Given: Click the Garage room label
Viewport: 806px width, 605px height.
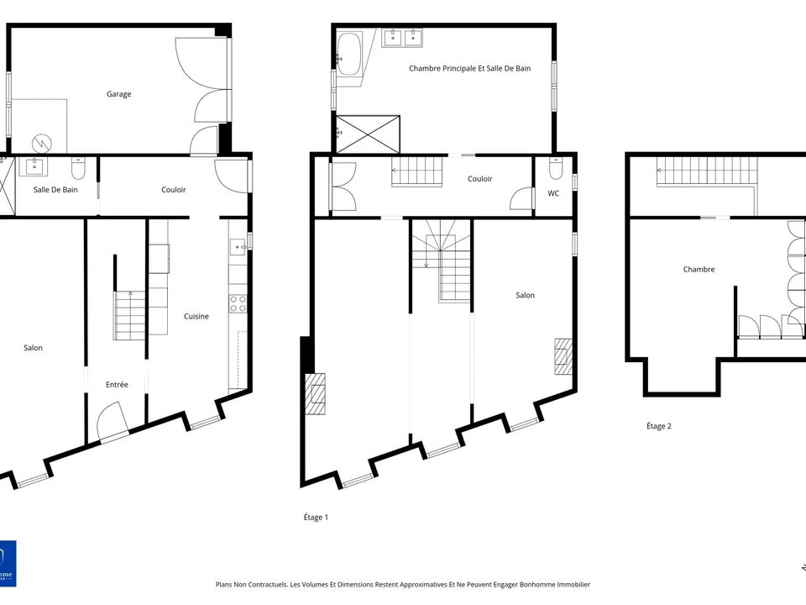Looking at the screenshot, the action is [118, 94].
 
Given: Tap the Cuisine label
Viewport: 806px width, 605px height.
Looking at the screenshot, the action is [196, 317].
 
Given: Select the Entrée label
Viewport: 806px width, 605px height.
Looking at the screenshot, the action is [117, 384].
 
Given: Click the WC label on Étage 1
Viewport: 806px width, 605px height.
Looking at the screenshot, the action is [553, 193].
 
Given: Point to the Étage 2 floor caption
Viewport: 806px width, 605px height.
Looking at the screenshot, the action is [658, 426].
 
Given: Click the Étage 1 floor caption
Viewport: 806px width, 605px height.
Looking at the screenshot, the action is [316, 517].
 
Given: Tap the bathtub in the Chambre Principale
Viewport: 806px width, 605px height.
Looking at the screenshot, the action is [349, 54].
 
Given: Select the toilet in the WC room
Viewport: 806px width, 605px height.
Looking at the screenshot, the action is [556, 168].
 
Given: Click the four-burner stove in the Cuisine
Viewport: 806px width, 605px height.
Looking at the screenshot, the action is [238, 303].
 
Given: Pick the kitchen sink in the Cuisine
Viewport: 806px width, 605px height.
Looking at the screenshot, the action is [238, 247].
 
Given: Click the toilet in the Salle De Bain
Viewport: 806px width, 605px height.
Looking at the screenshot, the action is [78, 168].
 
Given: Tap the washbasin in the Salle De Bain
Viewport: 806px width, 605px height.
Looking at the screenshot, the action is [34, 166].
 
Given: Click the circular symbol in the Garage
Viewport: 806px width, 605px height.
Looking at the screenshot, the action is [42, 143].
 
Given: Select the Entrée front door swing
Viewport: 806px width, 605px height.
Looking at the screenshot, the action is [112, 419].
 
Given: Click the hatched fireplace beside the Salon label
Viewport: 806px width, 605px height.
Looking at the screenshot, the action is [563, 356].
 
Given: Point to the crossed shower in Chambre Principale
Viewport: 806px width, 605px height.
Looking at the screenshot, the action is [368, 134].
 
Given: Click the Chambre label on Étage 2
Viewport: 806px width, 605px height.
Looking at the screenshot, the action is [699, 269].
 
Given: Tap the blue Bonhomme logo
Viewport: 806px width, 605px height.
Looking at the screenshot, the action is [8, 563].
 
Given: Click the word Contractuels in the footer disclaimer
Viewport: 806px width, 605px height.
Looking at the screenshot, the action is [266, 585].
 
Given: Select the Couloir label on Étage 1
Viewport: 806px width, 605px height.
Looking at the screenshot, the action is [479, 178].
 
